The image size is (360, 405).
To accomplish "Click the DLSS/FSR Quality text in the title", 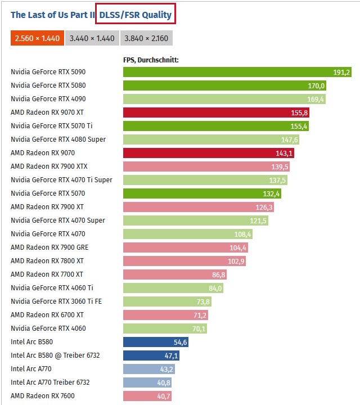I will click(136, 15).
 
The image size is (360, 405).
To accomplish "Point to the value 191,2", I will click(341, 72).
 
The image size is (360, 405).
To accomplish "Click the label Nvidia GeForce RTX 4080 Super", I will click(58, 139).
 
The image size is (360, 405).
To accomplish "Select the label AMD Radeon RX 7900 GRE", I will click(49, 247).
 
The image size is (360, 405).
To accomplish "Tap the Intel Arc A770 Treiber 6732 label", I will click(50, 382).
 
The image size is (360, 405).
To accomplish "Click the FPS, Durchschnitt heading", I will click(151, 58).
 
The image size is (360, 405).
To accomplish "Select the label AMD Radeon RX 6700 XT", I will click(47, 315).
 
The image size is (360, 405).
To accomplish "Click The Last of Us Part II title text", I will click(52, 15).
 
